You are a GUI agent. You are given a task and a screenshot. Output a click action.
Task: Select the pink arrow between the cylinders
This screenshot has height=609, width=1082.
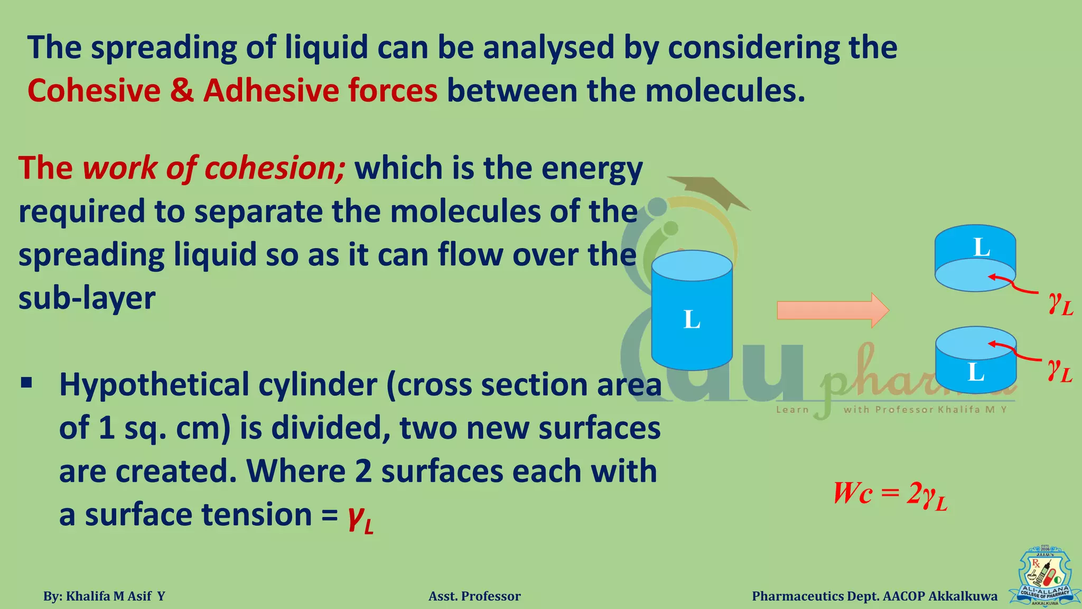tap(832, 310)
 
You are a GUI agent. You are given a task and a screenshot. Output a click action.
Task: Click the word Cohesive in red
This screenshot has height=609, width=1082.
tap(94, 90)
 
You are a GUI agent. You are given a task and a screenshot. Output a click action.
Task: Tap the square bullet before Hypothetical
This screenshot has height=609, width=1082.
tap(27, 382)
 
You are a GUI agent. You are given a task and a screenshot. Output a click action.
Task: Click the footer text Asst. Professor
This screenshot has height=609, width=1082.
tap(474, 596)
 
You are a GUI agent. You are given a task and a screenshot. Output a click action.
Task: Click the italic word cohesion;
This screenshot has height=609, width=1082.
tap(275, 168)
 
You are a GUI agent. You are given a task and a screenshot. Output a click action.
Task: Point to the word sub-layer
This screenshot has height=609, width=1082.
tap(87, 298)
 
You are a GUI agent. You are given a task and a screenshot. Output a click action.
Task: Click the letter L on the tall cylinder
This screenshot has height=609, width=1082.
tap(692, 320)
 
